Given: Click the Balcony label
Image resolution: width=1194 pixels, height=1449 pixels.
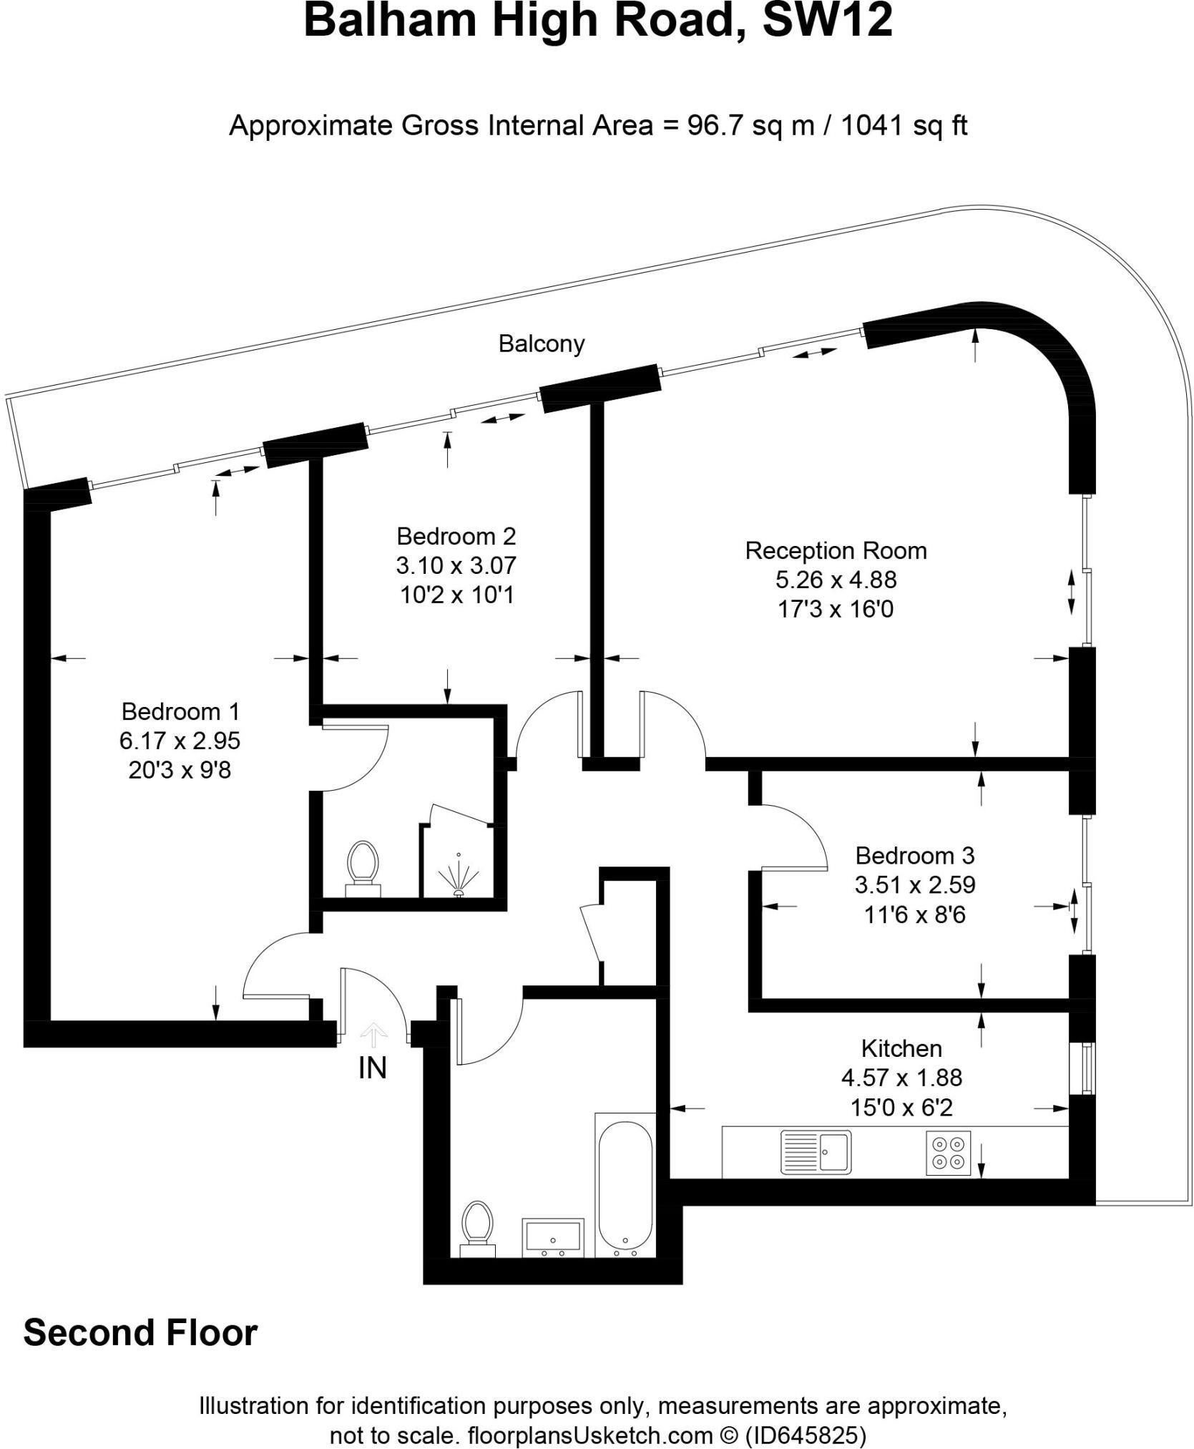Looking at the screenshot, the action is (x=542, y=344).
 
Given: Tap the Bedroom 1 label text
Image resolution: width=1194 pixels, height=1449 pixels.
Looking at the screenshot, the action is (x=180, y=711).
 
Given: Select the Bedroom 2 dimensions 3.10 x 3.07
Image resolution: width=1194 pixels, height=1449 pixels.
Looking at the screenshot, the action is (x=456, y=565).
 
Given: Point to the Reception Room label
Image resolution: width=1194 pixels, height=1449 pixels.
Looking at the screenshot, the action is (x=836, y=551).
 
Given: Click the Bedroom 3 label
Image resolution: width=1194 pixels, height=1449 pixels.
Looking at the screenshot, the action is (x=915, y=856).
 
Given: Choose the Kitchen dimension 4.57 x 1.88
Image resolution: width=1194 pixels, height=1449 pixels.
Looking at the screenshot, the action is (x=901, y=1078).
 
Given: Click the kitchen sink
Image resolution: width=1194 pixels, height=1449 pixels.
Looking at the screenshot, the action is (x=816, y=1151).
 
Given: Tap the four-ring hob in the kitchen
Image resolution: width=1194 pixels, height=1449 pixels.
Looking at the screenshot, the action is (x=949, y=1152).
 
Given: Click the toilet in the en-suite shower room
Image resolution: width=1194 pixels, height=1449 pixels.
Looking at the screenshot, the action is (x=363, y=869).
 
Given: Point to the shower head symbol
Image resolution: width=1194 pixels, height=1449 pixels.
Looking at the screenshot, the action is (x=457, y=877).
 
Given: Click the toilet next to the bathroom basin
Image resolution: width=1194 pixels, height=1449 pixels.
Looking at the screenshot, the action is (x=477, y=1229).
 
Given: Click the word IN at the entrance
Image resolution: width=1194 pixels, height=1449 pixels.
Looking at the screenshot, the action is (x=372, y=1068).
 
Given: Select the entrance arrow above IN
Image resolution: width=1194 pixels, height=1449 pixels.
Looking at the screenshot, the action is (x=373, y=1035).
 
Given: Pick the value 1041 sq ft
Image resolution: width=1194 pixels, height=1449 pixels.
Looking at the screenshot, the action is (x=904, y=126).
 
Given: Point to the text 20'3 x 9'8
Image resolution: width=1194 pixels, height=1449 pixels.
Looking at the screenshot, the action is (x=180, y=770).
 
